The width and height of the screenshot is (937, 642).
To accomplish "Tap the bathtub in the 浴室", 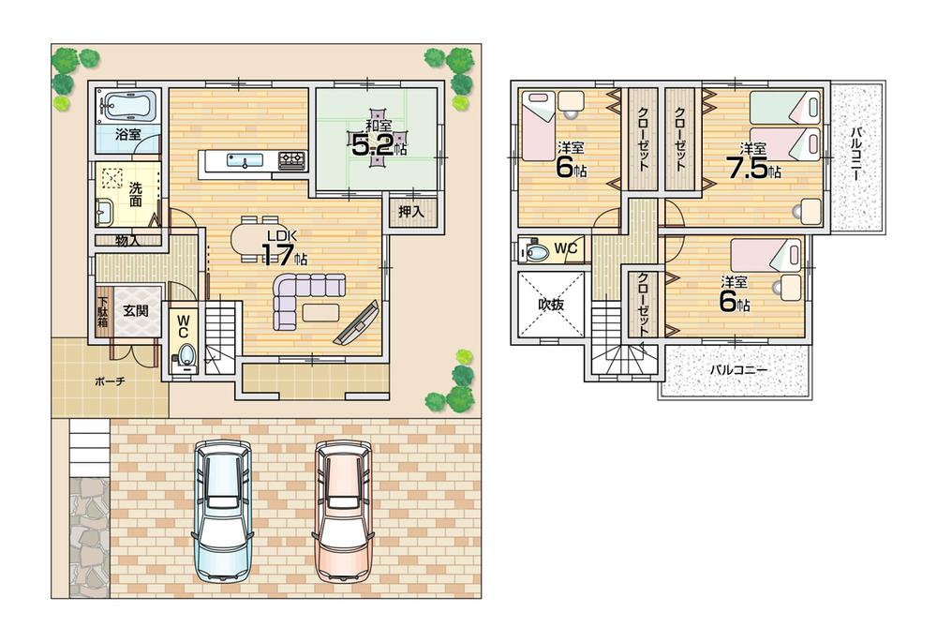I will pyautogui.click(x=128, y=106).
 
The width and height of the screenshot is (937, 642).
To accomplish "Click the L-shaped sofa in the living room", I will pyautogui.click(x=300, y=298).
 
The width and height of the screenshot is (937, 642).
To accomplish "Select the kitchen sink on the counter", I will pyautogui.click(x=242, y=162).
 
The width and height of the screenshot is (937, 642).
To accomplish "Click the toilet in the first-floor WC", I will pyautogui.click(x=185, y=356).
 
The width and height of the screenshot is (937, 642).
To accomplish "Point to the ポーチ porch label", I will pyautogui.click(x=110, y=382).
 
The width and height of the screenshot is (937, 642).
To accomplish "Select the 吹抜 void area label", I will pyautogui.click(x=550, y=305).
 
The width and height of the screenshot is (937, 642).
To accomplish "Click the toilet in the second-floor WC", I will pyautogui.click(x=537, y=251).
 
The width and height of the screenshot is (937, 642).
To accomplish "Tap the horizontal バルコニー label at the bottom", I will pyautogui.click(x=737, y=371).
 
